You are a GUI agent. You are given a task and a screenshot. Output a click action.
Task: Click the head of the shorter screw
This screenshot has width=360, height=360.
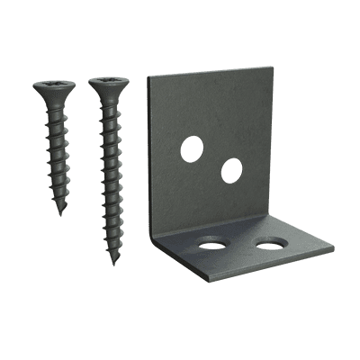53,88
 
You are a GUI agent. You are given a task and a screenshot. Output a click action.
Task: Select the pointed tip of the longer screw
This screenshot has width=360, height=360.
114,262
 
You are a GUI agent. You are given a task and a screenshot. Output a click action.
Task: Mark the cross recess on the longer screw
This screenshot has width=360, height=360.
108,81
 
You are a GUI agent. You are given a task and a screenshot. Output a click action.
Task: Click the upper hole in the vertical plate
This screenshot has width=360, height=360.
192,148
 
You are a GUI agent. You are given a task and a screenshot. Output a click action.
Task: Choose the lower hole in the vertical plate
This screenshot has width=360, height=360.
231,170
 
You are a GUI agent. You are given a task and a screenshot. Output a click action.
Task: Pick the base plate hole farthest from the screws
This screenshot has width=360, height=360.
268,244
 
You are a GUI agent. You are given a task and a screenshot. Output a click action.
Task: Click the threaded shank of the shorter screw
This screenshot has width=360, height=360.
57,157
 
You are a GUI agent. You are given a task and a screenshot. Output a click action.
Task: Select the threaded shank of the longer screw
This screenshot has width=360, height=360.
111,180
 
